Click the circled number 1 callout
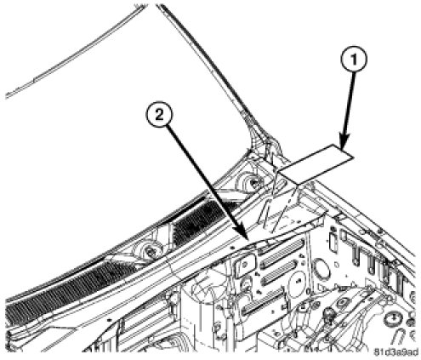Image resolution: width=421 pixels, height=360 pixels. pos(354,60)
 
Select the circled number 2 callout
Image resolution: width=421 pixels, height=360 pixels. pos(159,115)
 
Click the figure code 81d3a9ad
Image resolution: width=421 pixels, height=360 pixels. pos(395,352)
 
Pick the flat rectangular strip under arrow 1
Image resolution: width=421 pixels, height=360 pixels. pos(316,163)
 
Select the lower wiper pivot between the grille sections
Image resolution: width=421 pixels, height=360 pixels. pos(149,250)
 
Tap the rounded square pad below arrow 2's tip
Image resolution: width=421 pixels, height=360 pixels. pos(245,265)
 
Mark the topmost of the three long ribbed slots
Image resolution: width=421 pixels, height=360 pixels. pos(281,247)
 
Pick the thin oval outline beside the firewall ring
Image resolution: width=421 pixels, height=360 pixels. pos(333,242)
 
